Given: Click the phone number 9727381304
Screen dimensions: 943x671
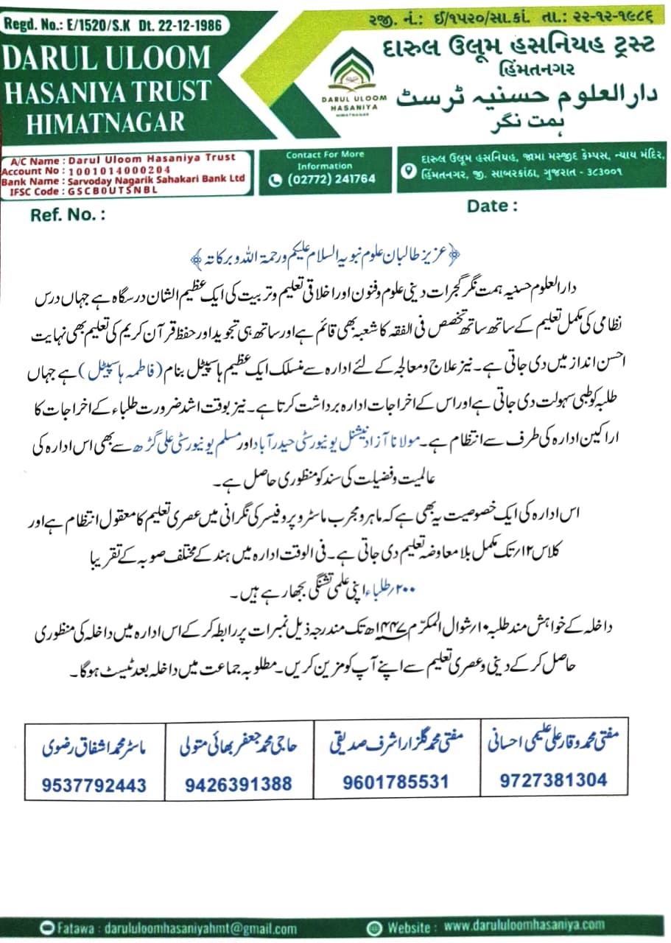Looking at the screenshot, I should pyautogui.click(x=552, y=780).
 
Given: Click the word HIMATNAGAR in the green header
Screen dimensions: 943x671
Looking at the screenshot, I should pyautogui.click(x=106, y=122).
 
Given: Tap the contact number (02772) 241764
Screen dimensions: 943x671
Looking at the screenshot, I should pyautogui.click(x=330, y=178).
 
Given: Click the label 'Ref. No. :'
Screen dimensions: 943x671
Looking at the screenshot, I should pyautogui.click(x=68, y=215).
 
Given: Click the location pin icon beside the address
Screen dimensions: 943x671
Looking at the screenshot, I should pyautogui.click(x=408, y=171).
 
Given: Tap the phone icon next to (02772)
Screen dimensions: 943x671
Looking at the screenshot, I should pyautogui.click(x=276, y=179).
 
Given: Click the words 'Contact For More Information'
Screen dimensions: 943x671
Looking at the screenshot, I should pyautogui.click(x=325, y=160).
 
